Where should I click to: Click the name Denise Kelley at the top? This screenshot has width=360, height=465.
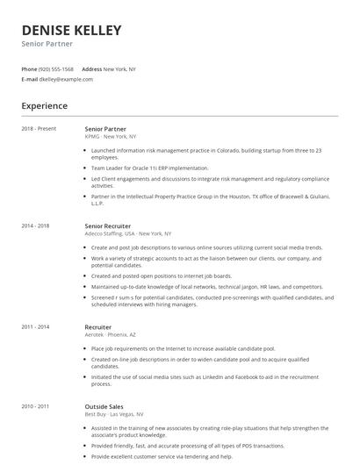72,31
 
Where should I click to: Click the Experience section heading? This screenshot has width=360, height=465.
45,106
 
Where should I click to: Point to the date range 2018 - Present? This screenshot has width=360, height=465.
39,129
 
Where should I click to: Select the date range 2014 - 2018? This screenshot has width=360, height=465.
35,226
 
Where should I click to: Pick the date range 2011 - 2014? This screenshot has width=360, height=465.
35,326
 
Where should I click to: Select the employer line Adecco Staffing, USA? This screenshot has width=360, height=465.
127,234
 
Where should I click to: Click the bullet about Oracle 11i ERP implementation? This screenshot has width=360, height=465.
150,168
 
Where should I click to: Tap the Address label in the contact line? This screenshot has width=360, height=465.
91,68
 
